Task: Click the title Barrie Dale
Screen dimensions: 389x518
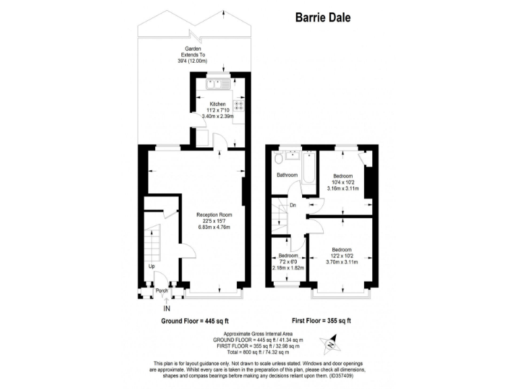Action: click(x=322, y=18)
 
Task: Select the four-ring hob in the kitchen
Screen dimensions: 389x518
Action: click(x=237, y=106)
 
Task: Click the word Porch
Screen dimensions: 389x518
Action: click(x=161, y=292)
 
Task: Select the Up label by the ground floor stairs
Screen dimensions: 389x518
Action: click(x=151, y=266)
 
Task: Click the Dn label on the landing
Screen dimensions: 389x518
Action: click(x=293, y=205)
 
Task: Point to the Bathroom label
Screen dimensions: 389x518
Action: click(x=287, y=175)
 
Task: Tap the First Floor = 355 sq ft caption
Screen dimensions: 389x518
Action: click(x=322, y=321)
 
